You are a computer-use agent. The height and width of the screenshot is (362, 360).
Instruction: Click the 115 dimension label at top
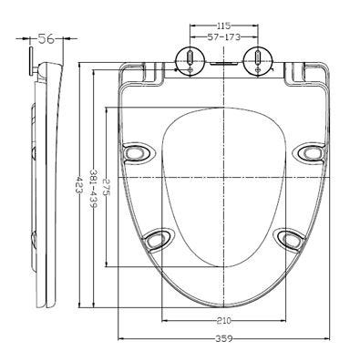(224, 26)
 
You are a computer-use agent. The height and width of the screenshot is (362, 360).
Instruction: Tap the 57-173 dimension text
(224, 37)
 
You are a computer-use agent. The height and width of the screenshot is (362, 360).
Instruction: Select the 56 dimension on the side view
(46, 39)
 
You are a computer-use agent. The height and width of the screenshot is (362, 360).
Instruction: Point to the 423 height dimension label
(78, 185)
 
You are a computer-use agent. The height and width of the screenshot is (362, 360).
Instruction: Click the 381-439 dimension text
(93, 188)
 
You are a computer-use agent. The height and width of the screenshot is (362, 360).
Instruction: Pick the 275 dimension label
(107, 187)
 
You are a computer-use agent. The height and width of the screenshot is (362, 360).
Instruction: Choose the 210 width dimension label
(224, 320)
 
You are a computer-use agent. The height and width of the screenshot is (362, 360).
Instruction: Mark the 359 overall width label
(224, 338)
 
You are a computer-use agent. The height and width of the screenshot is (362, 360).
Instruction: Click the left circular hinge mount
(190, 61)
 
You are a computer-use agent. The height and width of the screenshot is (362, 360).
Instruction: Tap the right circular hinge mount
(258, 61)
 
